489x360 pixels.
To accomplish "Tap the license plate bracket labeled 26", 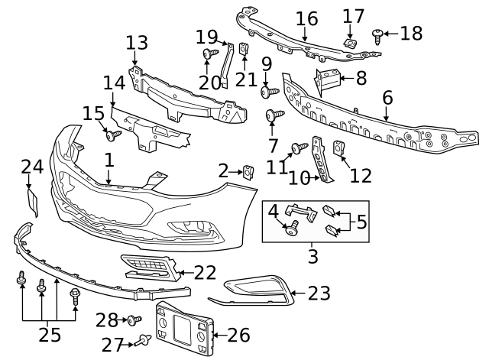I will pyautogui.click(x=183, y=330).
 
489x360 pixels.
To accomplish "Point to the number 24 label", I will pyautogui.click(x=32, y=167).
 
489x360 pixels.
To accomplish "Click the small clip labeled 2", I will pyautogui.click(x=248, y=170).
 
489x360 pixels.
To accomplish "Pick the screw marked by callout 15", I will pyautogui.click(x=114, y=135).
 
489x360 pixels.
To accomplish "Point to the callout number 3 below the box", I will pyautogui.click(x=313, y=255).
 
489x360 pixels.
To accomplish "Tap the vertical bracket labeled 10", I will pyautogui.click(x=326, y=163).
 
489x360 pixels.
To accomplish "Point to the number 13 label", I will pyautogui.click(x=137, y=41).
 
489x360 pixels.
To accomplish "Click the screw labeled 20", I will pyautogui.click(x=208, y=54).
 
